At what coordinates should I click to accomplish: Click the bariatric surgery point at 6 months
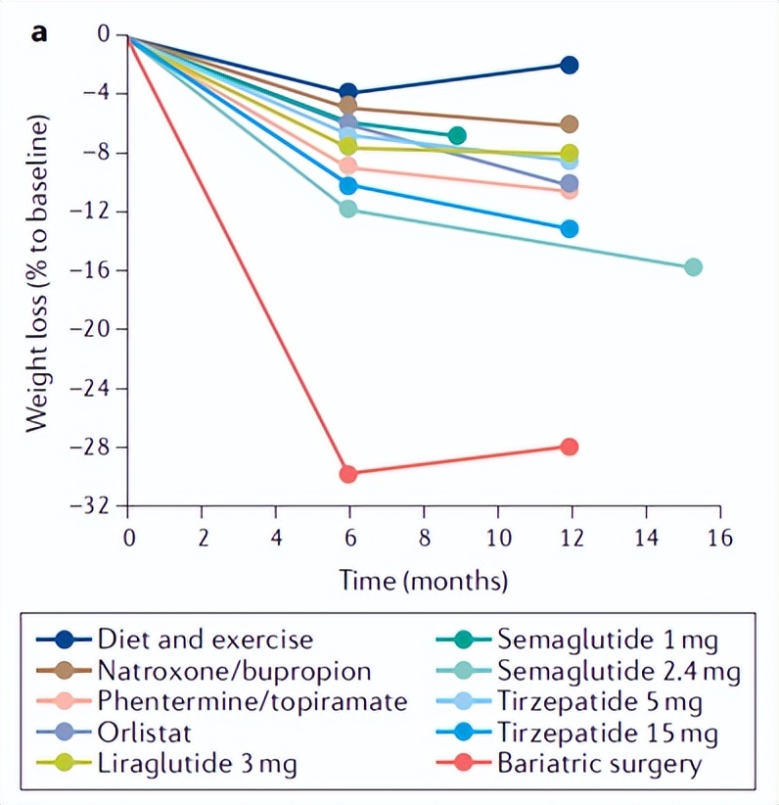click(x=348, y=474)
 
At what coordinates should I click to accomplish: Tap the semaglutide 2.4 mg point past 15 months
click(x=693, y=266)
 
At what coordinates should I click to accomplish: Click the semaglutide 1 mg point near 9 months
click(x=456, y=135)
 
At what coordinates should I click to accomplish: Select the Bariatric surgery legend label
click(x=600, y=763)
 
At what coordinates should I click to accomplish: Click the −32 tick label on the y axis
click(x=95, y=506)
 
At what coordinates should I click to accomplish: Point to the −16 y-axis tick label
click(x=95, y=270)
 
